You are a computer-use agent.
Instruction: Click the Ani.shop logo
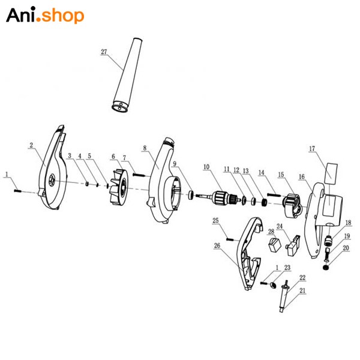click(x=45, y=15)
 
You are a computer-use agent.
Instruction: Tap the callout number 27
click(x=104, y=52)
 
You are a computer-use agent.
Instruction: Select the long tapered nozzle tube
click(x=127, y=75)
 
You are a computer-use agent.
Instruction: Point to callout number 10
click(x=206, y=167)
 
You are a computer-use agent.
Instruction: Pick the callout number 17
click(x=312, y=149)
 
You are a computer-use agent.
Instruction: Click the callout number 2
click(x=31, y=145)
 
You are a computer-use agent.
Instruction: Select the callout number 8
click(x=145, y=148)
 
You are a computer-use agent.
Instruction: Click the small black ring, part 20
click(x=326, y=268)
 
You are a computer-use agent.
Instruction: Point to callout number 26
click(x=217, y=245)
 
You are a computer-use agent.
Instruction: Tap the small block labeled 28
click(x=275, y=245)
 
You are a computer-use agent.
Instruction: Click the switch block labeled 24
click(x=293, y=245)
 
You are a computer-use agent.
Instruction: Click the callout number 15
click(x=281, y=175)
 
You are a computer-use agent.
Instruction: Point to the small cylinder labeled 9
click(x=191, y=195)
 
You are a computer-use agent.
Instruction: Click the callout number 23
click(x=287, y=268)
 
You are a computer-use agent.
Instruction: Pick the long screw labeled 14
click(x=274, y=195)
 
